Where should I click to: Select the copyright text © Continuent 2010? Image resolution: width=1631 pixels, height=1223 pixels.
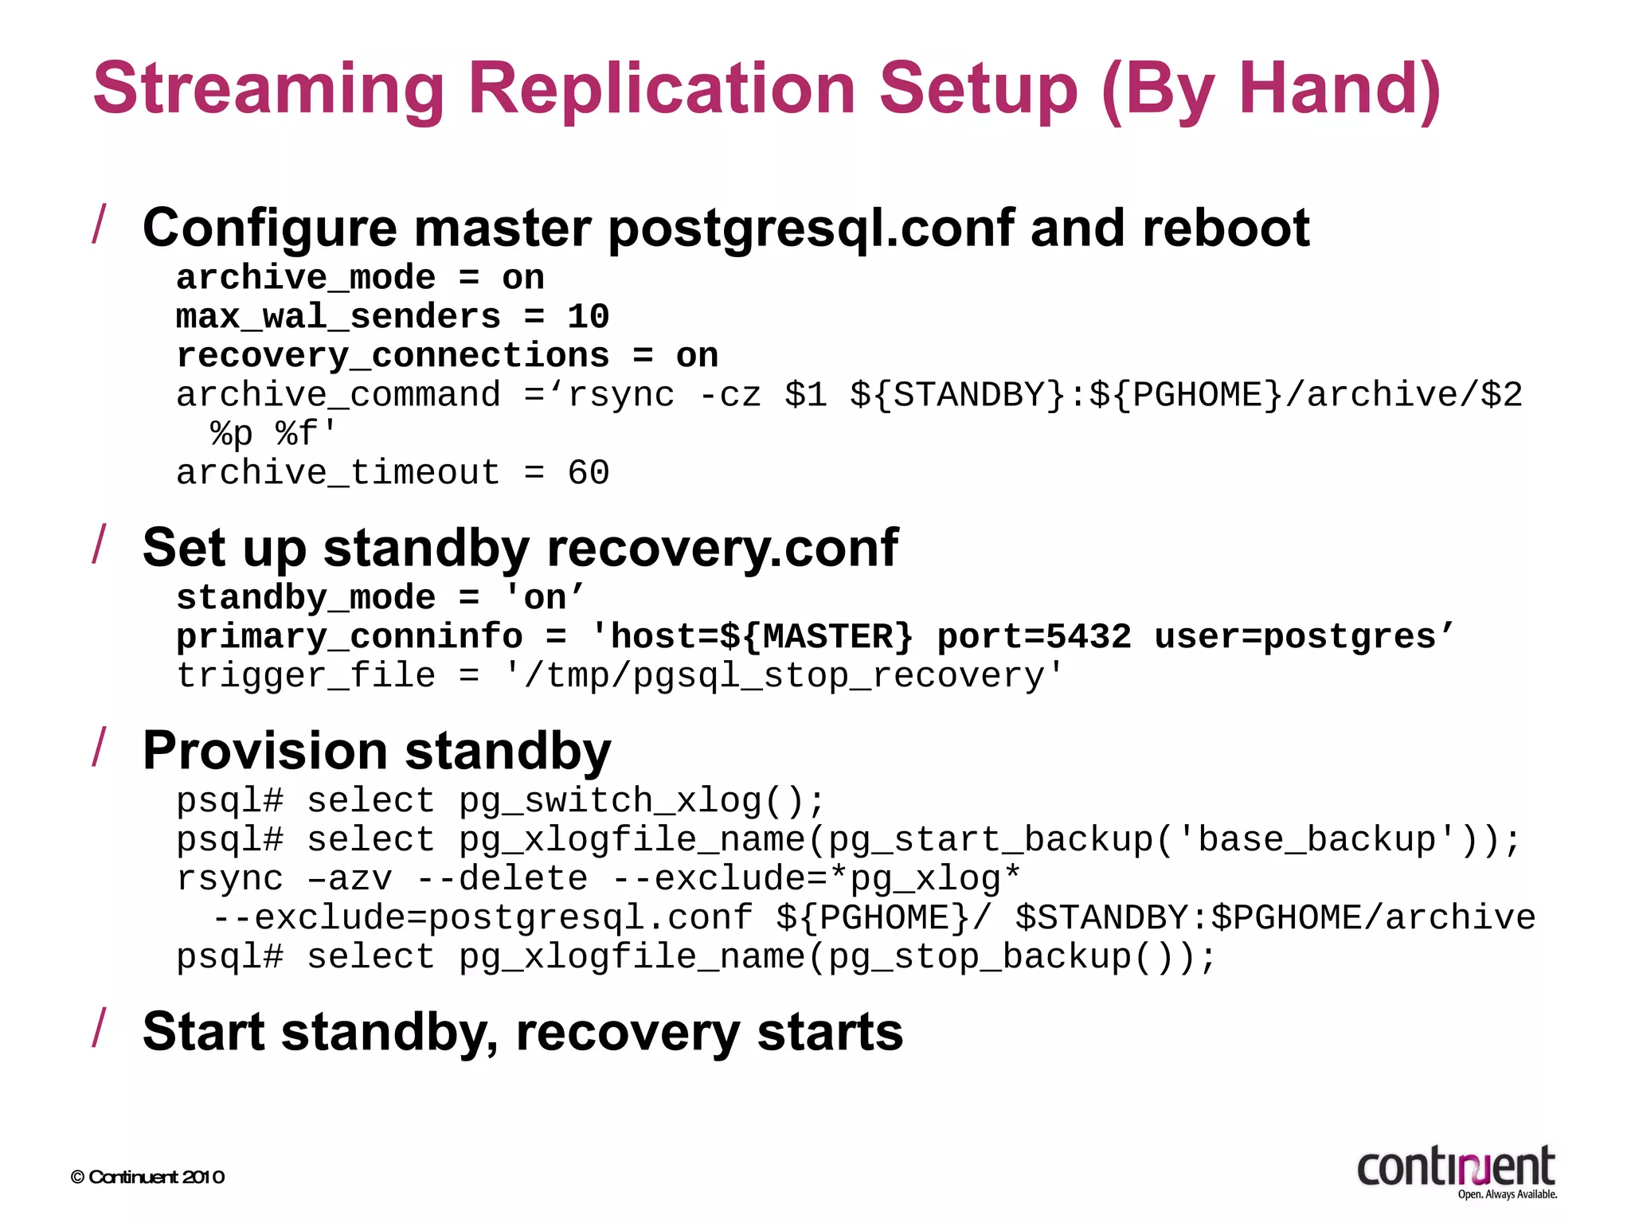tap(147, 1177)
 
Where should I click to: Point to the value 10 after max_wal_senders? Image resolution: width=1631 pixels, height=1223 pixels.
tap(588, 317)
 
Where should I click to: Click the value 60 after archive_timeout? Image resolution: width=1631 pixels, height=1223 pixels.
tap(588, 473)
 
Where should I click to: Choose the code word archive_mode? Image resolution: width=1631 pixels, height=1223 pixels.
tap(306, 278)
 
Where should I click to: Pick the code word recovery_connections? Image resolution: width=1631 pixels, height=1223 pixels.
tap(393, 356)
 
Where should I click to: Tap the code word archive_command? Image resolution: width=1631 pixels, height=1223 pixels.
tap(338, 395)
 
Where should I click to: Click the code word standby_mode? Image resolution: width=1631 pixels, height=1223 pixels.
tap(306, 598)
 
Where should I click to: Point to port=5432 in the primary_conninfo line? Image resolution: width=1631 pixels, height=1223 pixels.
tap(1034, 637)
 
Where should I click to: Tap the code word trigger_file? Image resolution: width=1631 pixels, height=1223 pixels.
tap(306, 676)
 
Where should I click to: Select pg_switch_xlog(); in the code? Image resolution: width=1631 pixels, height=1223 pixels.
tap(642, 801)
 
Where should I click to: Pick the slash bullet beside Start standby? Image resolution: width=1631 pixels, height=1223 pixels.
tap(99, 1027)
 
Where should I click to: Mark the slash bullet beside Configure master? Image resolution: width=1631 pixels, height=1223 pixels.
tap(99, 224)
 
